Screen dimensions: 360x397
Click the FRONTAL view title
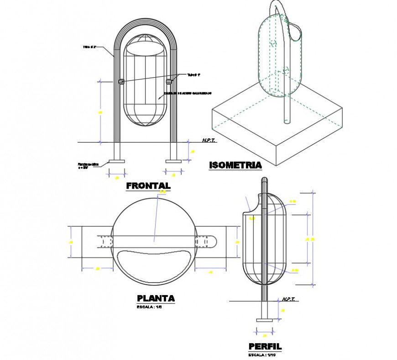(148, 185)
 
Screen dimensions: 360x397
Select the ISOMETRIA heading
(235, 165)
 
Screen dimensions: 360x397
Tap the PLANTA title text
(156, 298)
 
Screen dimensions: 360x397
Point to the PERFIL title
(265, 346)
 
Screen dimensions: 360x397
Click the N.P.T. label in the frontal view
(209, 140)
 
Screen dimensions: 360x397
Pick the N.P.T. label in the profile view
(288, 299)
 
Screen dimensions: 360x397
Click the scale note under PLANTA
(150, 307)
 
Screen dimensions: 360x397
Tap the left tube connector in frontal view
(121, 82)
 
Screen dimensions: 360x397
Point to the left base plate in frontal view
(117, 161)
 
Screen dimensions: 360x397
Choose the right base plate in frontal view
(173, 161)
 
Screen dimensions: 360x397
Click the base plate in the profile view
(264, 320)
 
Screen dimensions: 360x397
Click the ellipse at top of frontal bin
(145, 46)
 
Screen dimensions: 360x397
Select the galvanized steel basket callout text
(188, 93)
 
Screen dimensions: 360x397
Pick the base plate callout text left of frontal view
(89, 165)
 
